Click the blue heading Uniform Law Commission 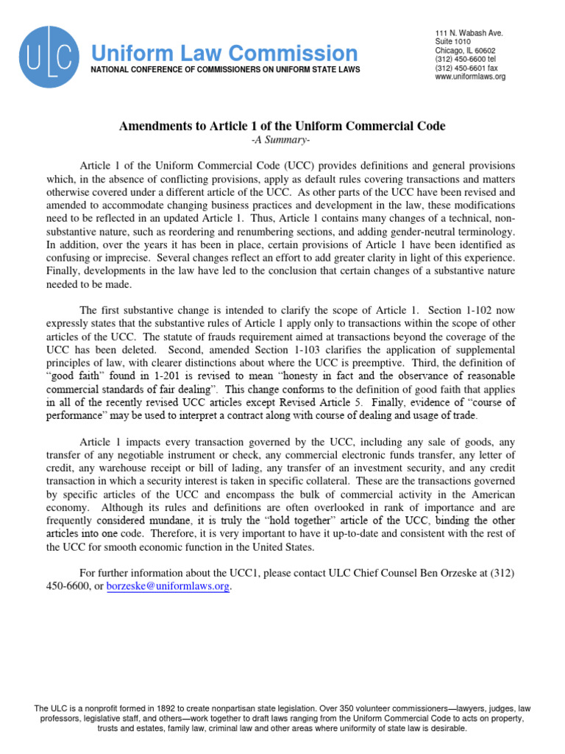tap(224, 53)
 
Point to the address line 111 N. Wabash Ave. tap(469, 34)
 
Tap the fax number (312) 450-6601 tap(468, 68)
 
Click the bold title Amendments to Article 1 tap(282, 126)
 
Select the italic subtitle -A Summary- tap(282, 140)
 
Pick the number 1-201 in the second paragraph tap(171, 376)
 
